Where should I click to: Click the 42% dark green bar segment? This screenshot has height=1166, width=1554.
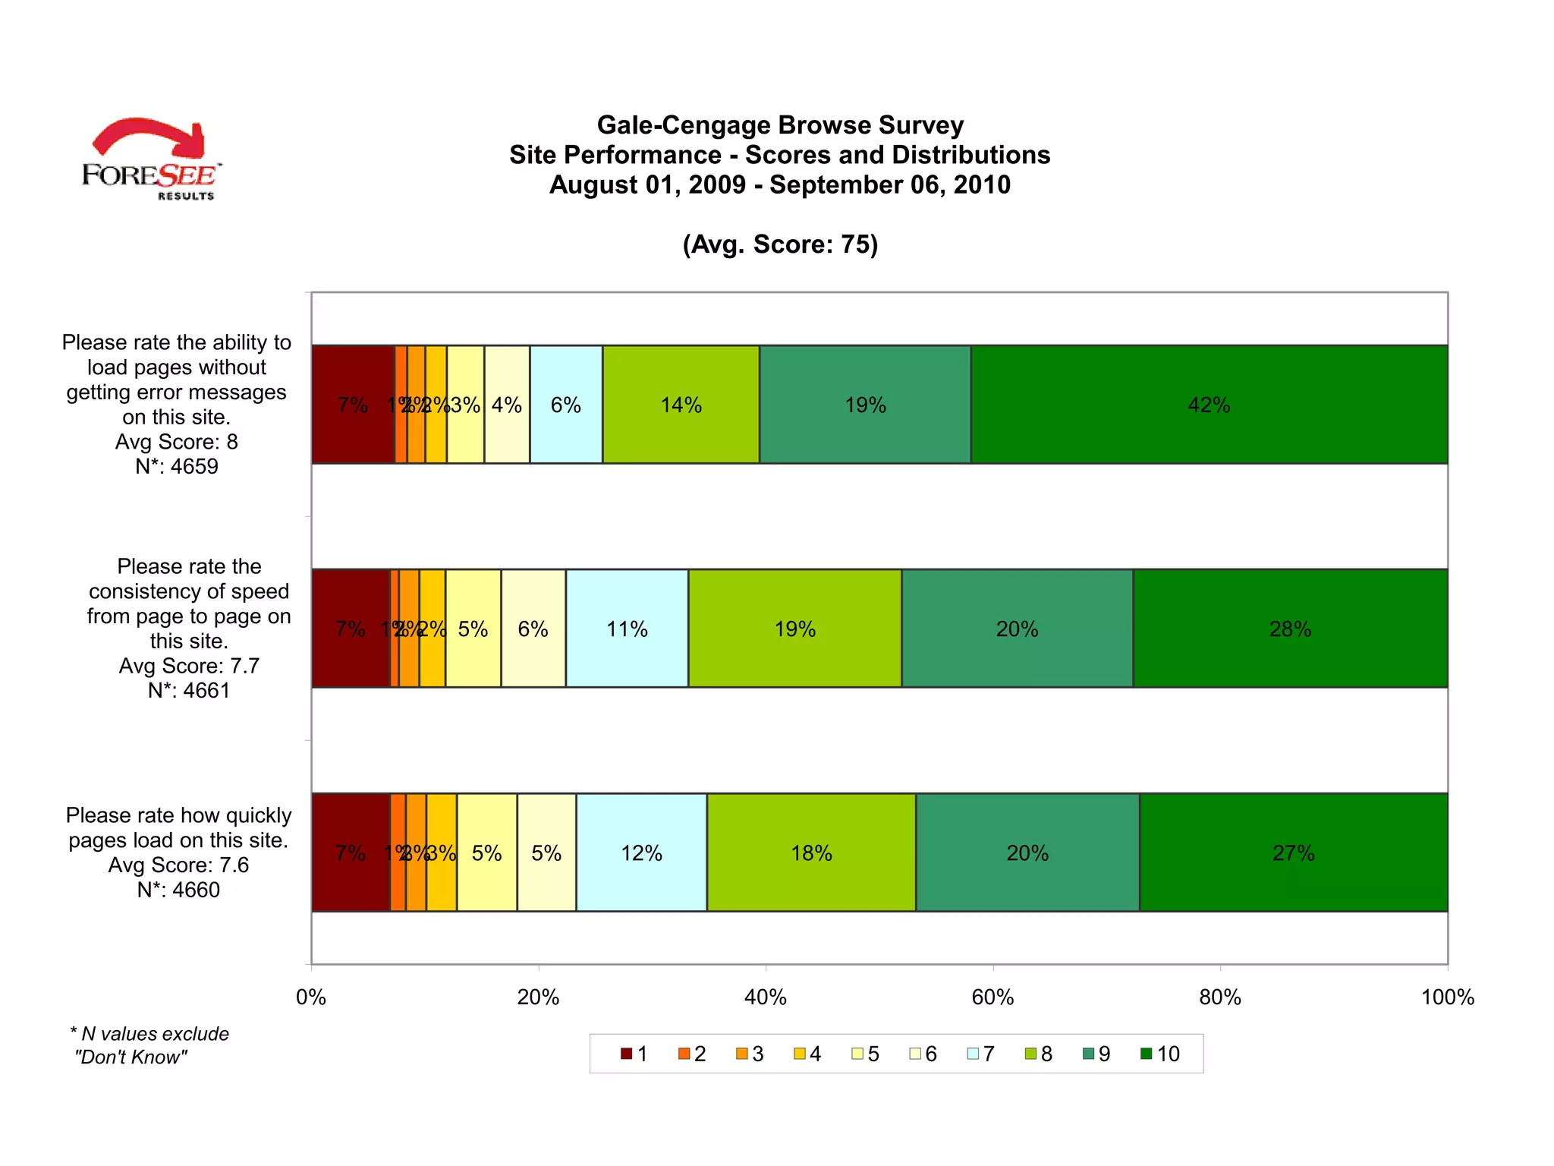pyautogui.click(x=1209, y=404)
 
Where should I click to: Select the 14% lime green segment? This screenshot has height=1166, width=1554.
pyautogui.click(x=681, y=404)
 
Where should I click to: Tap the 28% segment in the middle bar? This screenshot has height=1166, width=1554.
pyautogui.click(x=1290, y=628)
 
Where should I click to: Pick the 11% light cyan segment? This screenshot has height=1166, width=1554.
pyautogui.click(x=627, y=628)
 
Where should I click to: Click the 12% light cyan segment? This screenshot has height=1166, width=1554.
pyautogui.click(x=641, y=852)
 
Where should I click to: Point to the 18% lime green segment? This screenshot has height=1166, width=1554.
pyautogui.click(x=811, y=852)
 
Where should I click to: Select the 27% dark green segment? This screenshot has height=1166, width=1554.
pyautogui.click(x=1293, y=852)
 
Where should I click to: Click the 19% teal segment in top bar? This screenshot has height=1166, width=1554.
pyautogui.click(x=865, y=404)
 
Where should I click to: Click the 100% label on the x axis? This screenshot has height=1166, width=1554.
pyautogui.click(x=1447, y=997)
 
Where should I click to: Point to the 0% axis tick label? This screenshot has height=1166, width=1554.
pyautogui.click(x=311, y=997)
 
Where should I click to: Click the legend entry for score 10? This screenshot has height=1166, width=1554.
pyautogui.click(x=1161, y=1054)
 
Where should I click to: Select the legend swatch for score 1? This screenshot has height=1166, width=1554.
pyautogui.click(x=626, y=1054)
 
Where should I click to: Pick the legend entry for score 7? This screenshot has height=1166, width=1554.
pyautogui.click(x=981, y=1054)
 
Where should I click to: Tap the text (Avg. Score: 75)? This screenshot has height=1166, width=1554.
pyautogui.click(x=780, y=244)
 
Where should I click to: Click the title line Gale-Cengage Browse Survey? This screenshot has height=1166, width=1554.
pyautogui.click(x=780, y=125)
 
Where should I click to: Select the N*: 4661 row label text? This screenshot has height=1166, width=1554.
pyautogui.click(x=189, y=690)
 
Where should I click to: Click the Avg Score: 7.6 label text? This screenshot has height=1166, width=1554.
pyautogui.click(x=178, y=865)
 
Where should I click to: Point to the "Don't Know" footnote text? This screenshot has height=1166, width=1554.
pyautogui.click(x=131, y=1057)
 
